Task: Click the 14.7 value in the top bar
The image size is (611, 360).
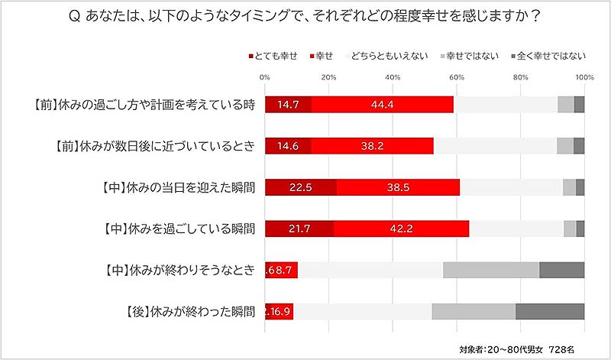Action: (x=289, y=105)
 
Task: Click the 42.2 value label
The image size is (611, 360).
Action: (x=400, y=229)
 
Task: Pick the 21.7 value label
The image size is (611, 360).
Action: (x=299, y=229)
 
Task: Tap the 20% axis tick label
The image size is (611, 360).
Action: (x=329, y=77)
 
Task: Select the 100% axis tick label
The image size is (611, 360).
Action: (x=584, y=77)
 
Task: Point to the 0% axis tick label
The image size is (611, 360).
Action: (x=265, y=77)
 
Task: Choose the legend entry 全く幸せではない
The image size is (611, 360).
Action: (x=551, y=55)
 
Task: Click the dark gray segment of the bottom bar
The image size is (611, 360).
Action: (x=550, y=311)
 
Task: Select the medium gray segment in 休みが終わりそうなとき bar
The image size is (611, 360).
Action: (x=491, y=270)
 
